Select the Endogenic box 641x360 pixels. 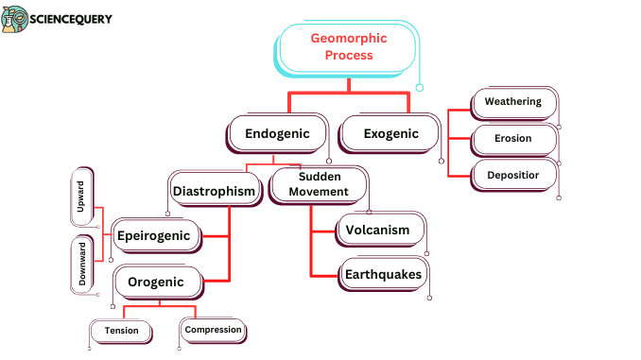277,133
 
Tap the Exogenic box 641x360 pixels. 390,133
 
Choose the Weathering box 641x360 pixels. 512,102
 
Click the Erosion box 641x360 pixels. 512,138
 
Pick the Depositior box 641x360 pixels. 512,175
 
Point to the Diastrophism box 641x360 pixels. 215,191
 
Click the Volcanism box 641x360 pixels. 377,230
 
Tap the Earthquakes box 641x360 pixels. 382,274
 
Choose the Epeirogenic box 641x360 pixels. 156,235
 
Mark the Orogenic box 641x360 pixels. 156,281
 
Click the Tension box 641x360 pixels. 121,331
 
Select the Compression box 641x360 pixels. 213,330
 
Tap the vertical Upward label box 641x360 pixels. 81,197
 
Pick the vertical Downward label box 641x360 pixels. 81,264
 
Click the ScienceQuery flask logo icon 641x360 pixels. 15,20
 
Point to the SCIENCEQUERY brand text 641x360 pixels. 72,18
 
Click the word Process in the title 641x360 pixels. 347,56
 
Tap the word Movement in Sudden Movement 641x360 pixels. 319,192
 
